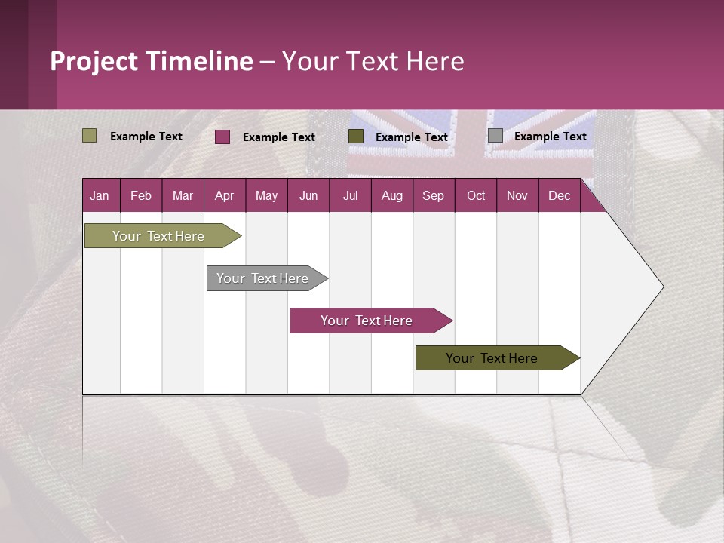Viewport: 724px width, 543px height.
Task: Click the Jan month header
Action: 100,196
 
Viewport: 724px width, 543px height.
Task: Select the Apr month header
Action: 224,196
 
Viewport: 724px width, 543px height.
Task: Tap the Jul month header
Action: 350,196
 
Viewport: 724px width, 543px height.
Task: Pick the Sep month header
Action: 433,196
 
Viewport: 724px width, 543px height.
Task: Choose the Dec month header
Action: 559,196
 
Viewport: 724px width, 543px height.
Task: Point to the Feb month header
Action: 141,196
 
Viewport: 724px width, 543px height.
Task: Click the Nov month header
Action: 517,196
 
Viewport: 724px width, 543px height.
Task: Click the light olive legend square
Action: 89,136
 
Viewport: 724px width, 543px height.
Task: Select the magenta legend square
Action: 222,137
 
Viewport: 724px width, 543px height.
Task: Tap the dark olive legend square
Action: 356,137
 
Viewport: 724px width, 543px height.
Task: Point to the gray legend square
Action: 495,136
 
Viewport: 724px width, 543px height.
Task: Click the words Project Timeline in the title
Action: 151,61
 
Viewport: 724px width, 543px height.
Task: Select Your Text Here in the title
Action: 373,61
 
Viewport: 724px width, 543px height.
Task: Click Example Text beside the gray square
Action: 550,137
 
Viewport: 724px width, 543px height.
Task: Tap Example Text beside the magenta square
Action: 278,137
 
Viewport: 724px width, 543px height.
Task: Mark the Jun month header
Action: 308,196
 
